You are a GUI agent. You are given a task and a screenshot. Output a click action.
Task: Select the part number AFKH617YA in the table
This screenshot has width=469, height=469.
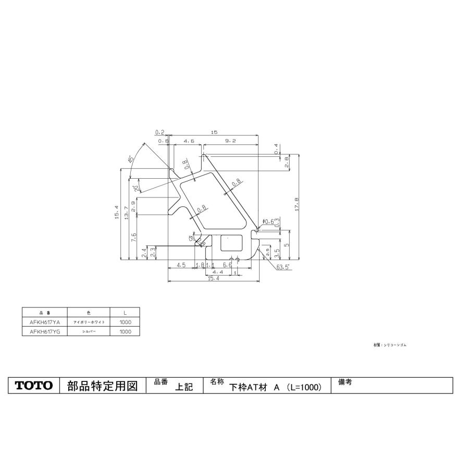pyautogui.click(x=45, y=322)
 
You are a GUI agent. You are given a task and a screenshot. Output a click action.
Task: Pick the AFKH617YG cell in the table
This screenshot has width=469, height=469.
pyautogui.click(x=45, y=331)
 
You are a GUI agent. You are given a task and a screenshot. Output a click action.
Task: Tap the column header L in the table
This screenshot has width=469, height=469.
pyautogui.click(x=125, y=313)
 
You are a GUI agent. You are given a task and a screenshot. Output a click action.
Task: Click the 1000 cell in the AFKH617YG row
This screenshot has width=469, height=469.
pyautogui.click(x=125, y=331)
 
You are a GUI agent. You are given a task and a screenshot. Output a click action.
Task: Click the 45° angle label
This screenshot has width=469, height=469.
pyautogui.click(x=130, y=159)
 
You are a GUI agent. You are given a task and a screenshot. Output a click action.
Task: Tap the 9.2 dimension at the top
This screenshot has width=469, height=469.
pyautogui.click(x=231, y=141)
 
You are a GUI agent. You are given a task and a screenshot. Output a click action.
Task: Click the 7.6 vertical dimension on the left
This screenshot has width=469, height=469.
pyautogui.click(x=133, y=238)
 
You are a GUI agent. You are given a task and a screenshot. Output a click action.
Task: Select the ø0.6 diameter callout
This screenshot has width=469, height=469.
pyautogui.click(x=268, y=222)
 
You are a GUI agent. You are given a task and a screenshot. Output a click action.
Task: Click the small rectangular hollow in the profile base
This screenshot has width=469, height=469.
pyautogui.click(x=232, y=243)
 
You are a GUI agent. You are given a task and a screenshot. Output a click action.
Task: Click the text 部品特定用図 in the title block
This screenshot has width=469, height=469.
pyautogui.click(x=102, y=386)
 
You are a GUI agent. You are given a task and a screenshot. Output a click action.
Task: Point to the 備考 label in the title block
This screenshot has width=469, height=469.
pyautogui.click(x=345, y=382)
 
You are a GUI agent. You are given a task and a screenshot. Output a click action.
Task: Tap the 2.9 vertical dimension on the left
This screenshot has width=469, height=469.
pyautogui.click(x=133, y=206)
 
